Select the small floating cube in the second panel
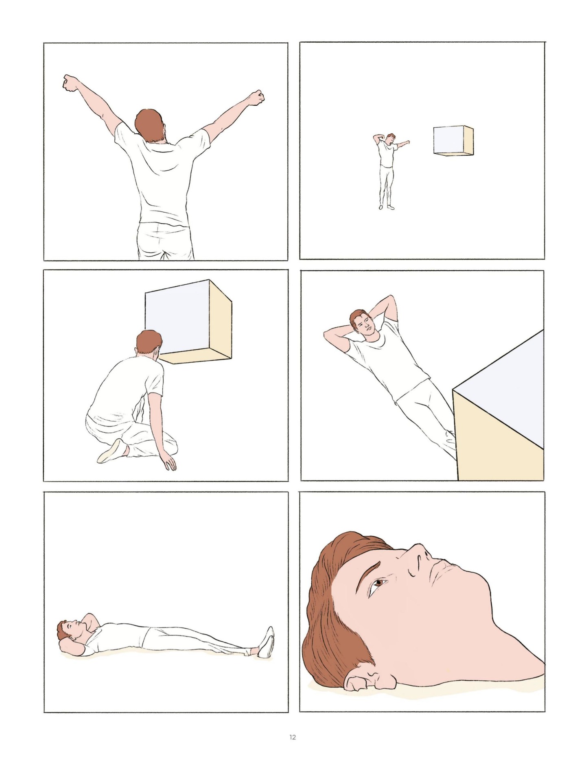452,140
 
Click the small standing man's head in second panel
391,139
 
